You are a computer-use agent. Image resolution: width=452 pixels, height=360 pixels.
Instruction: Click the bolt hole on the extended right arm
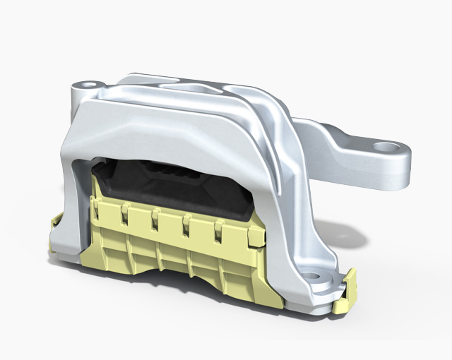(x=385, y=148)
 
